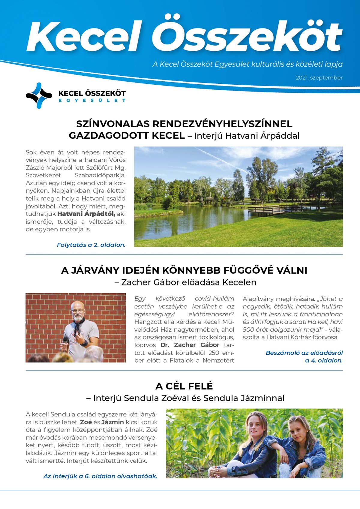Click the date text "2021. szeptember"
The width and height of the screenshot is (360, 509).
[x=319, y=78]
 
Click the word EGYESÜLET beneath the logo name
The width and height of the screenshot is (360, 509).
[x=92, y=101]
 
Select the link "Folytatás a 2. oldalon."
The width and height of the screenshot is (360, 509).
[x=91, y=245]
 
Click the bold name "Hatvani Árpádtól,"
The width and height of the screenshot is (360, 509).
[x=86, y=214]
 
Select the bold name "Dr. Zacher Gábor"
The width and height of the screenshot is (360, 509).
[x=190, y=345]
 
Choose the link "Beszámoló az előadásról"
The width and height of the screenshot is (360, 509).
[x=304, y=353]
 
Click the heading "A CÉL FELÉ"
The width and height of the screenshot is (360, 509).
[x=184, y=386]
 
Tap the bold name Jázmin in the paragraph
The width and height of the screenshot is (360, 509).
[x=112, y=422]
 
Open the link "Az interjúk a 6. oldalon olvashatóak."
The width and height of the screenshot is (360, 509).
[x=100, y=476]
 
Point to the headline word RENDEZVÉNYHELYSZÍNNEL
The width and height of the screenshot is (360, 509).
[x=223, y=124]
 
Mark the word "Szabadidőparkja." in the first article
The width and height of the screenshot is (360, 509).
[x=100, y=175]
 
